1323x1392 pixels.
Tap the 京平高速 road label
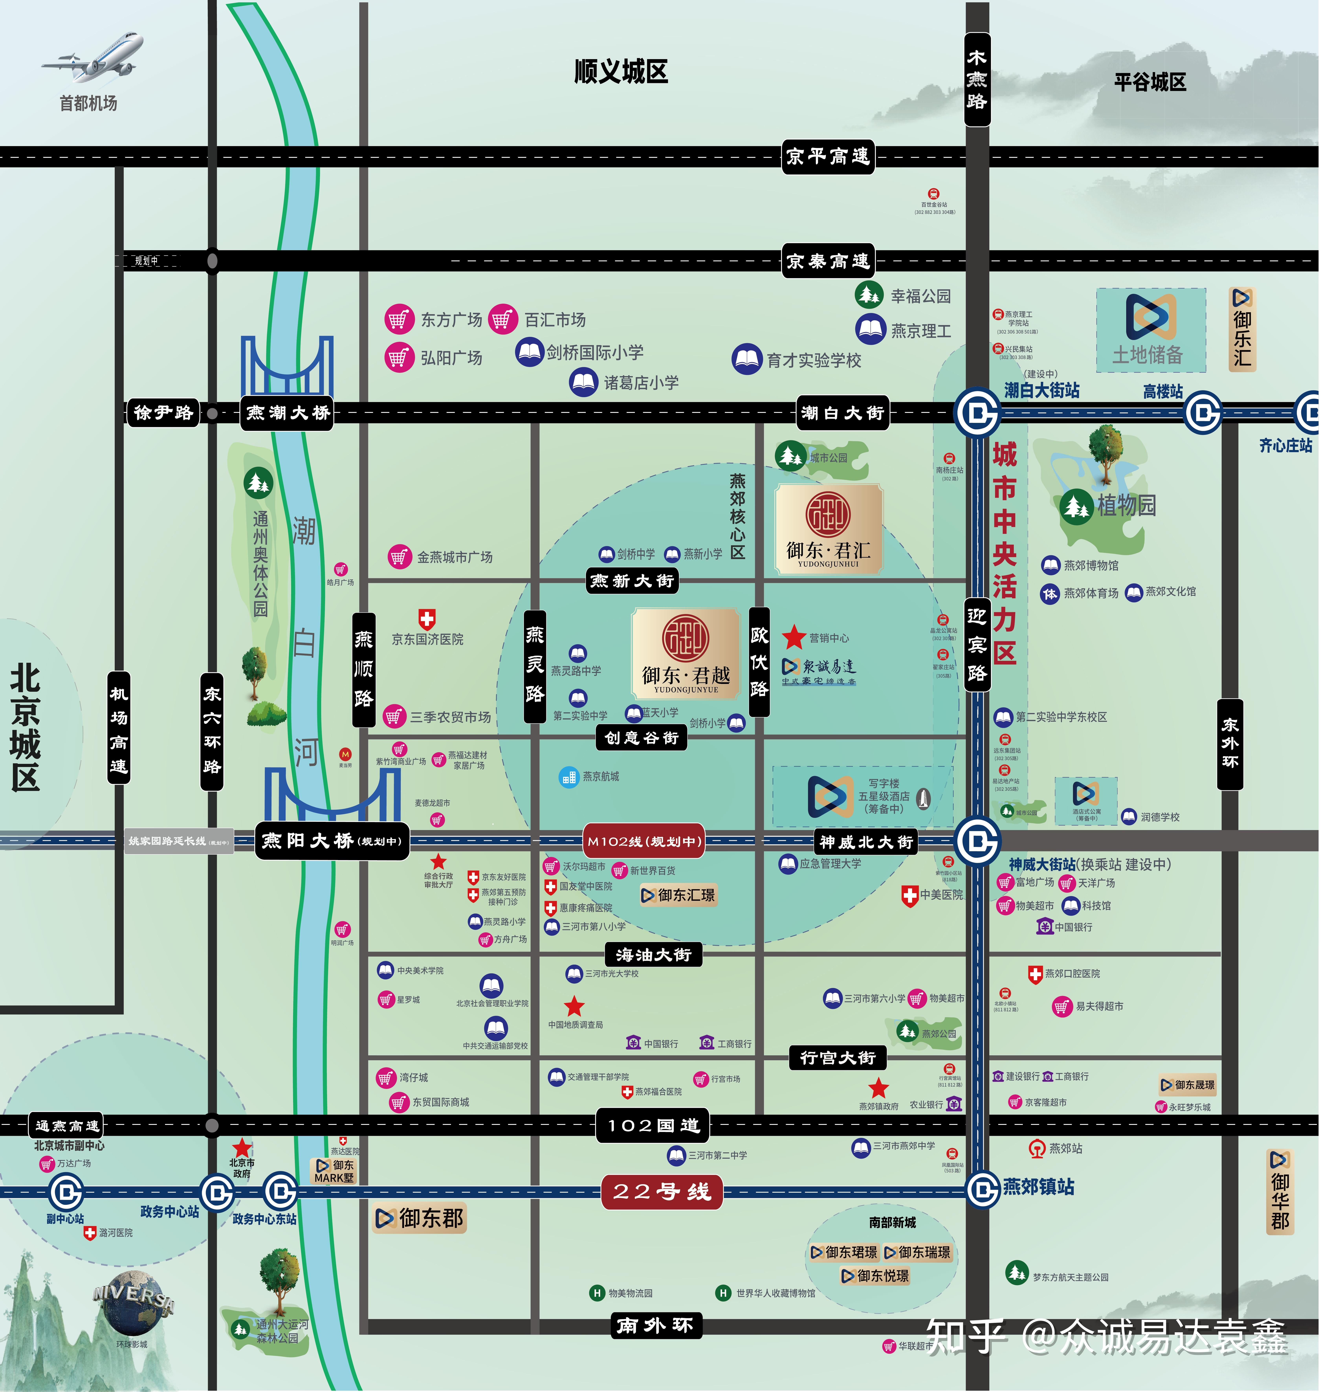tap(828, 157)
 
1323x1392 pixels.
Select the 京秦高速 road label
tap(828, 262)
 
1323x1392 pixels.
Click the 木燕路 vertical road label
tap(977, 80)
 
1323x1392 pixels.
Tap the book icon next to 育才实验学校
tap(747, 360)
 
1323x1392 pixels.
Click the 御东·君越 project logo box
tap(686, 653)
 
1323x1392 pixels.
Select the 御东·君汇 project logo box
tap(829, 529)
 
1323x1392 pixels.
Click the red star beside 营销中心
tap(794, 638)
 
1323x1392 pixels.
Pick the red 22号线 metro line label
tap(662, 1192)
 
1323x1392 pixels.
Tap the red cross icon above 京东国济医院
tap(427, 619)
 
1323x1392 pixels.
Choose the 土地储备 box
tap(1150, 330)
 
